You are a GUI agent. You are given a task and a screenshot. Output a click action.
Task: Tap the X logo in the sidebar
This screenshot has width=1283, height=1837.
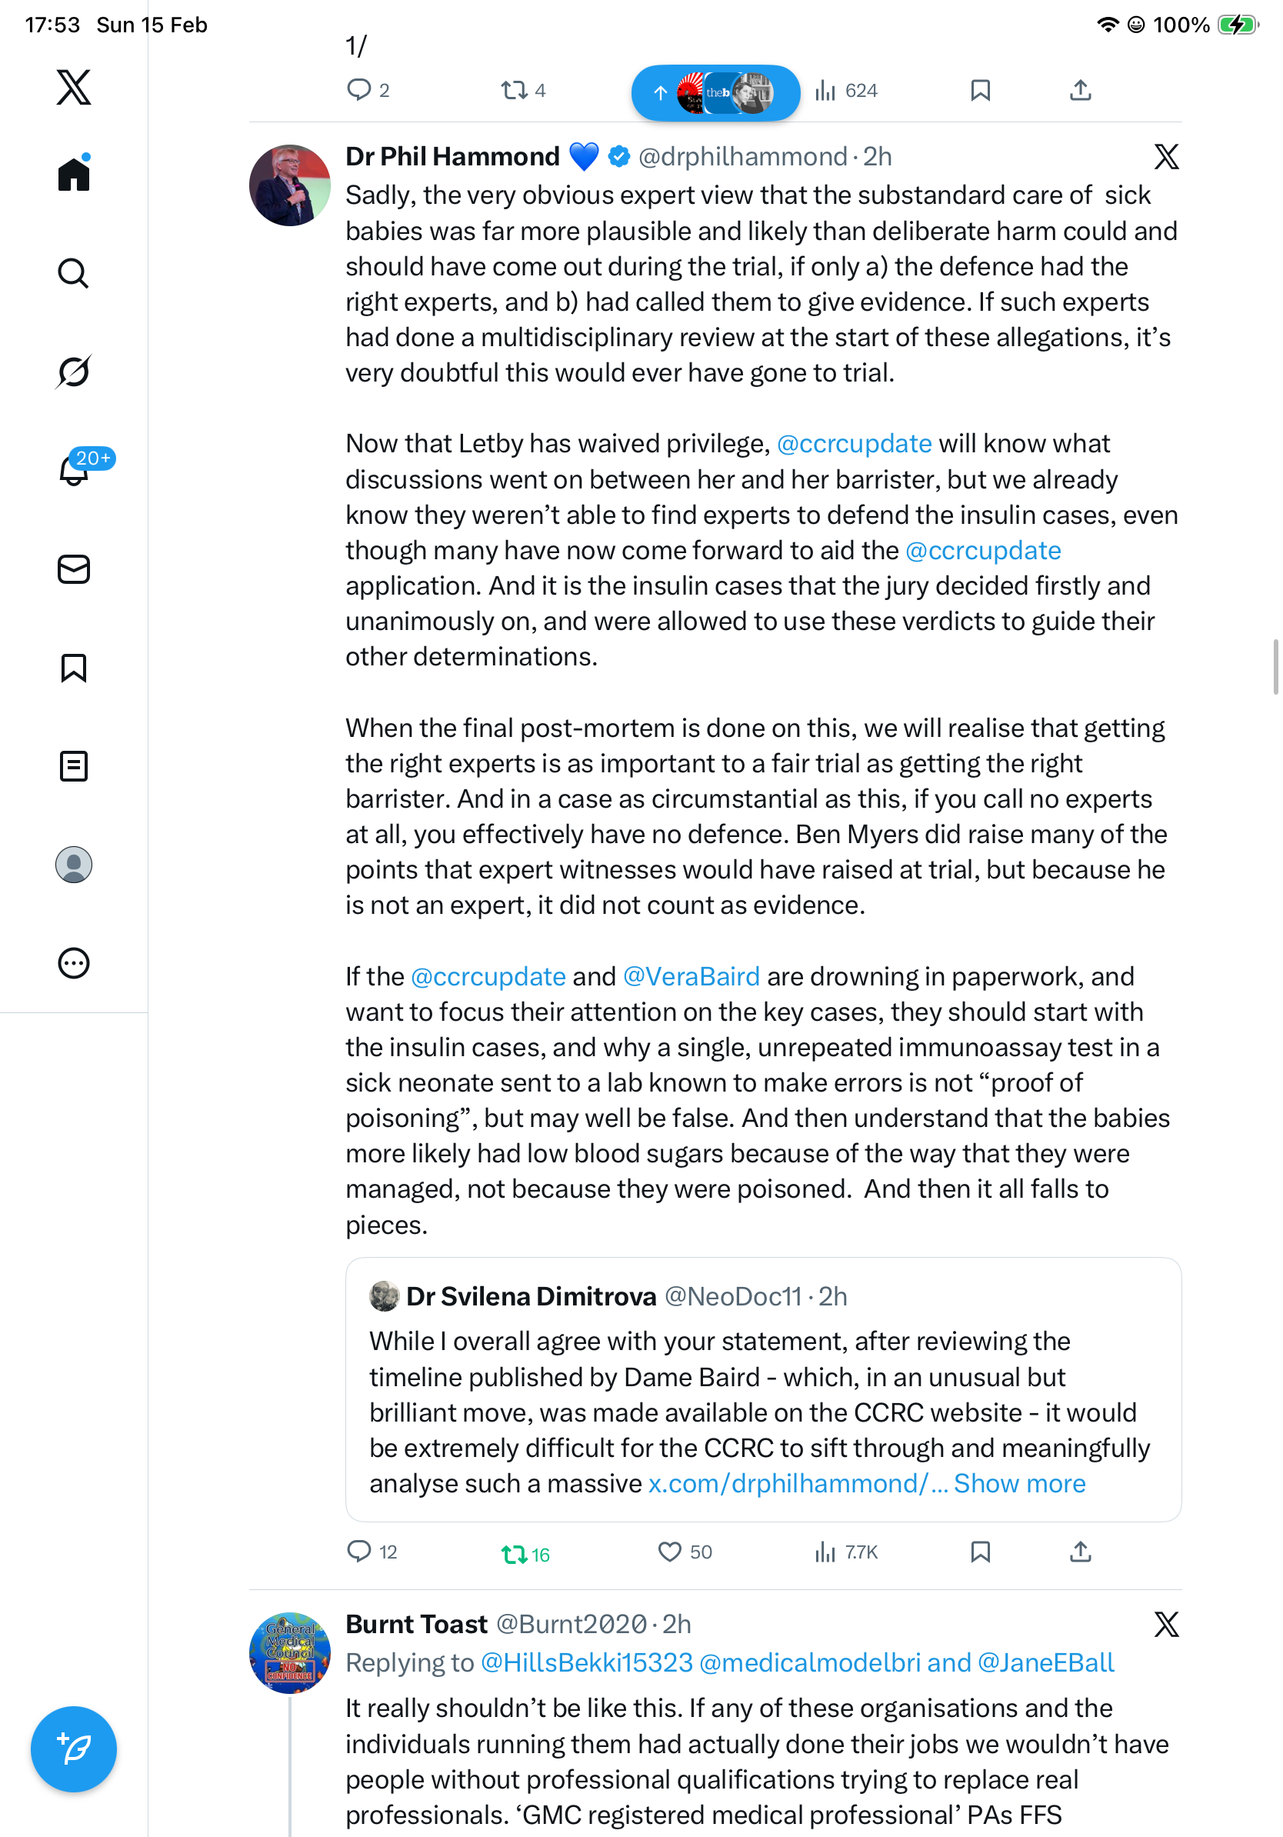74,87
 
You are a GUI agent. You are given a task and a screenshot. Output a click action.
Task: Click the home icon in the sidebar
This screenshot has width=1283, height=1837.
74,174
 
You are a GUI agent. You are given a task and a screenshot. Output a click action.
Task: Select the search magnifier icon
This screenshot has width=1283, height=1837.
74,274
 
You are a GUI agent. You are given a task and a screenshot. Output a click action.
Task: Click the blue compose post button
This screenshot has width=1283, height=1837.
74,1749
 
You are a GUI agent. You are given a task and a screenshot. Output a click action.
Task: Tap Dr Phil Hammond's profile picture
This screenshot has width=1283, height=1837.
289,185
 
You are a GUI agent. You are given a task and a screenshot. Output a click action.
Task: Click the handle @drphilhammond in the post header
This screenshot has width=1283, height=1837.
742,157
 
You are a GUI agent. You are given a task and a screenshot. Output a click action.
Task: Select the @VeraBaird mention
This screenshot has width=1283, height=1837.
690,976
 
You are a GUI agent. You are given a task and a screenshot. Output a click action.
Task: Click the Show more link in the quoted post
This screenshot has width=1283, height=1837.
1019,1483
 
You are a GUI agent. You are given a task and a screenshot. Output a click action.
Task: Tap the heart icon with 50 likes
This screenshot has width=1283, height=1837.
668,1552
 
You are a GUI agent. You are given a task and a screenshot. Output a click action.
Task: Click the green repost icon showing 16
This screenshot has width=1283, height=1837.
514,1554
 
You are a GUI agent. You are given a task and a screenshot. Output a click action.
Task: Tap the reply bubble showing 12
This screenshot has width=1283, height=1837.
359,1552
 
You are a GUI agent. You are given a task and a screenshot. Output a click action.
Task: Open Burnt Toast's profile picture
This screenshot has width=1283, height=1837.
289,1652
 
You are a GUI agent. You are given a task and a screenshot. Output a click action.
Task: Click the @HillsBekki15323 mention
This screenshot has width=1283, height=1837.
586,1662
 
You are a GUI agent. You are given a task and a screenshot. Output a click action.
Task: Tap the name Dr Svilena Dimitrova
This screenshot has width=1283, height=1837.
531,1296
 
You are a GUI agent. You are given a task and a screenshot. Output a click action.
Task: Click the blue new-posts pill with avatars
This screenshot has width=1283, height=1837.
715,93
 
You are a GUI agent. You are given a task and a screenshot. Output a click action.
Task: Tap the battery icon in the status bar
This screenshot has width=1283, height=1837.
1237,25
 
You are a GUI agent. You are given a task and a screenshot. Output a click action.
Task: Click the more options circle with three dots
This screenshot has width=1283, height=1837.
74,963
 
